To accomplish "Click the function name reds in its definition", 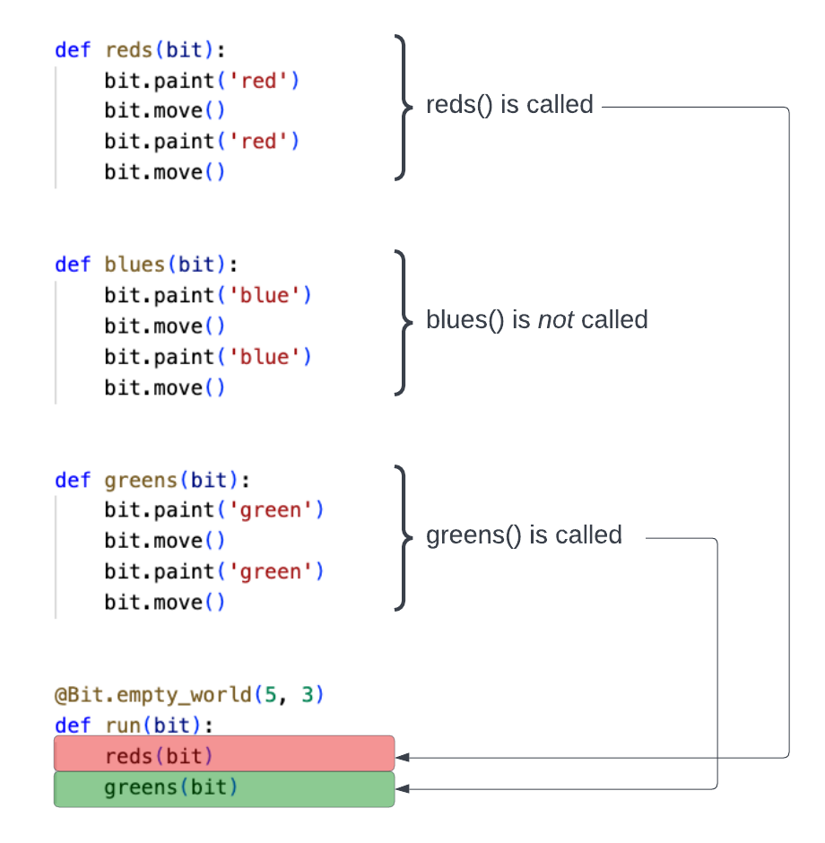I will pos(129,50).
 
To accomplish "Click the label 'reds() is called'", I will pos(509,105).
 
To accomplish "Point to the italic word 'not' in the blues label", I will pos(555,320).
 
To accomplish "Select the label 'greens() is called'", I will pos(524,535).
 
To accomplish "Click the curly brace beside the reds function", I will pos(402,108).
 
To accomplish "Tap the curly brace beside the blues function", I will pos(402,323).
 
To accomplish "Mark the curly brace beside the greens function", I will pos(402,538).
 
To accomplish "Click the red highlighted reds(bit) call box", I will pos(224,753).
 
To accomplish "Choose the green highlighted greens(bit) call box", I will pos(224,789).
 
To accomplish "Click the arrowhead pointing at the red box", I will pos(403,758).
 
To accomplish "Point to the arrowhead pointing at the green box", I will pos(403,789).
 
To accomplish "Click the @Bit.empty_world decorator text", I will pos(152,695).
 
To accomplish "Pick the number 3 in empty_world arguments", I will pos(307,695).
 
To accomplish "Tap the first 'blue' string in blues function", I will pos(264,295).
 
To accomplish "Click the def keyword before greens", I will pos(73,480).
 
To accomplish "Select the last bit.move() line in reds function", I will pos(164,172).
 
